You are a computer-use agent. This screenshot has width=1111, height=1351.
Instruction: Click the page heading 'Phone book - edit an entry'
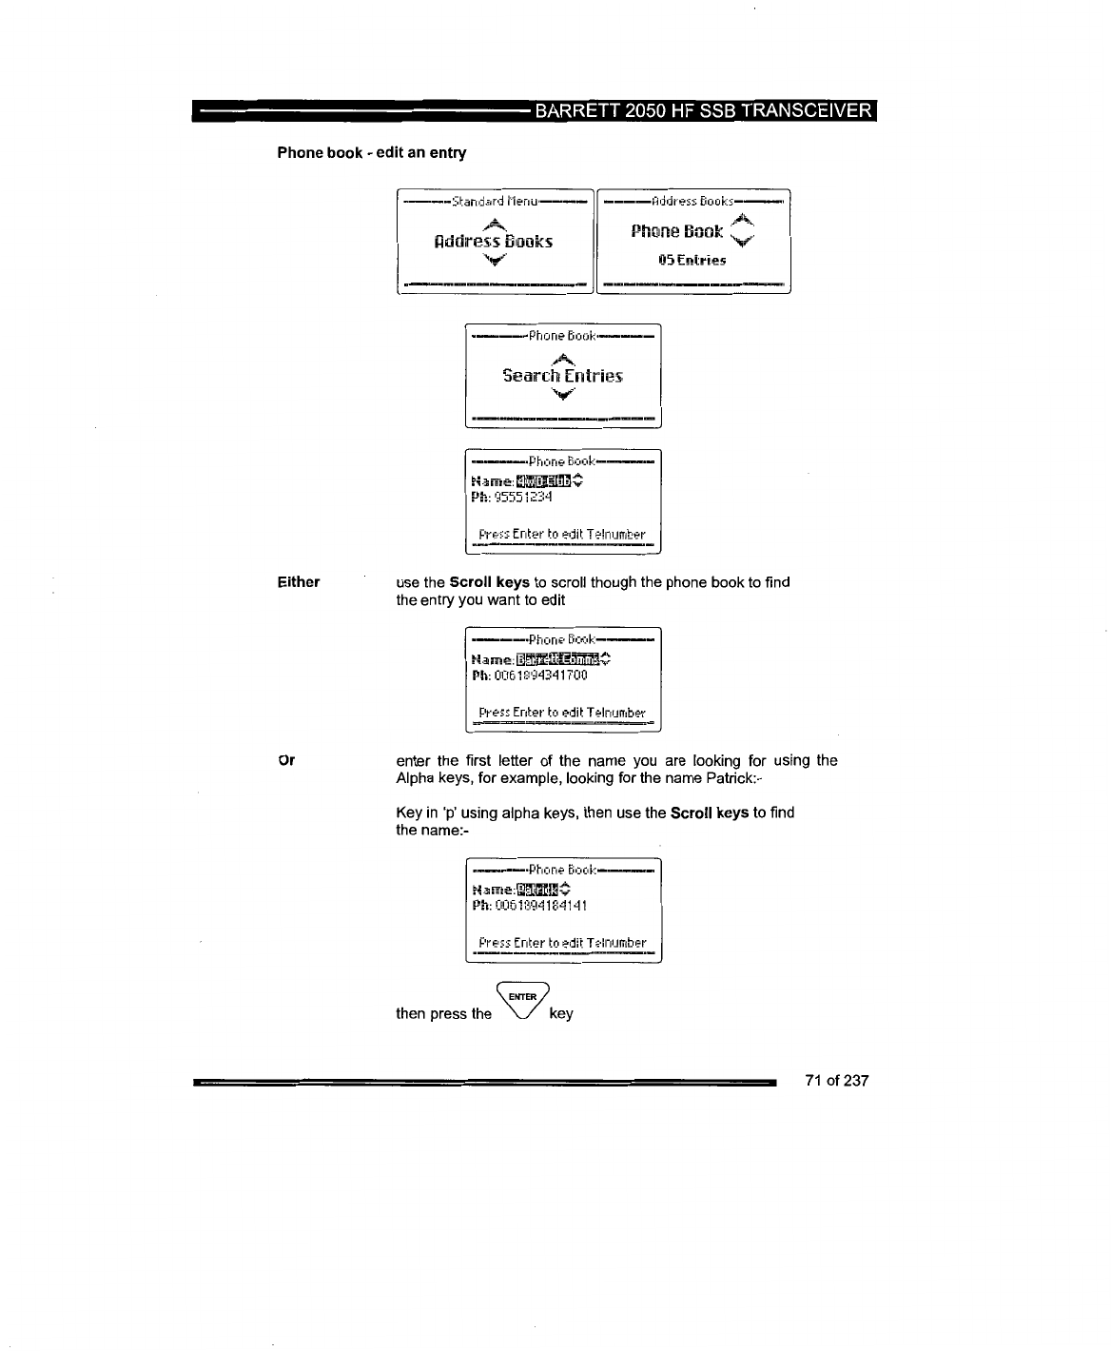coord(371,152)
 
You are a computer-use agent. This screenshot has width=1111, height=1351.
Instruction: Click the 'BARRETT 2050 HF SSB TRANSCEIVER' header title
coord(703,110)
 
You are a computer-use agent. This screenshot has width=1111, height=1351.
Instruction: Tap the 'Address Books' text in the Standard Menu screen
coord(493,241)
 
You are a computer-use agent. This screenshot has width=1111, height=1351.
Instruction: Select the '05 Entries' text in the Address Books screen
coord(693,260)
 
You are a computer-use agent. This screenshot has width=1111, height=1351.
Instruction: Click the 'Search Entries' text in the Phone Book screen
coord(562,376)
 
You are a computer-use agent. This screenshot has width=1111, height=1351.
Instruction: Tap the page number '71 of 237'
coord(836,1081)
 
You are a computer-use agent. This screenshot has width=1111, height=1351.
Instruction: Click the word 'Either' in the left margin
coord(299,582)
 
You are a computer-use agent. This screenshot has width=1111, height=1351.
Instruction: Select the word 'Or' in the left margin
coord(285,760)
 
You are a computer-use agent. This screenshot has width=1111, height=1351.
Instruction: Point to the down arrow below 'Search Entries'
coord(564,397)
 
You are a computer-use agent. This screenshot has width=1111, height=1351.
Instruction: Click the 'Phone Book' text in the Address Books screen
coord(677,232)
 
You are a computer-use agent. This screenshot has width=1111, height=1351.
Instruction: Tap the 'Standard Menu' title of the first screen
coord(496,202)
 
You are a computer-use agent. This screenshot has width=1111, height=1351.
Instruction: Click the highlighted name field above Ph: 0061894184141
coord(537,890)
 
